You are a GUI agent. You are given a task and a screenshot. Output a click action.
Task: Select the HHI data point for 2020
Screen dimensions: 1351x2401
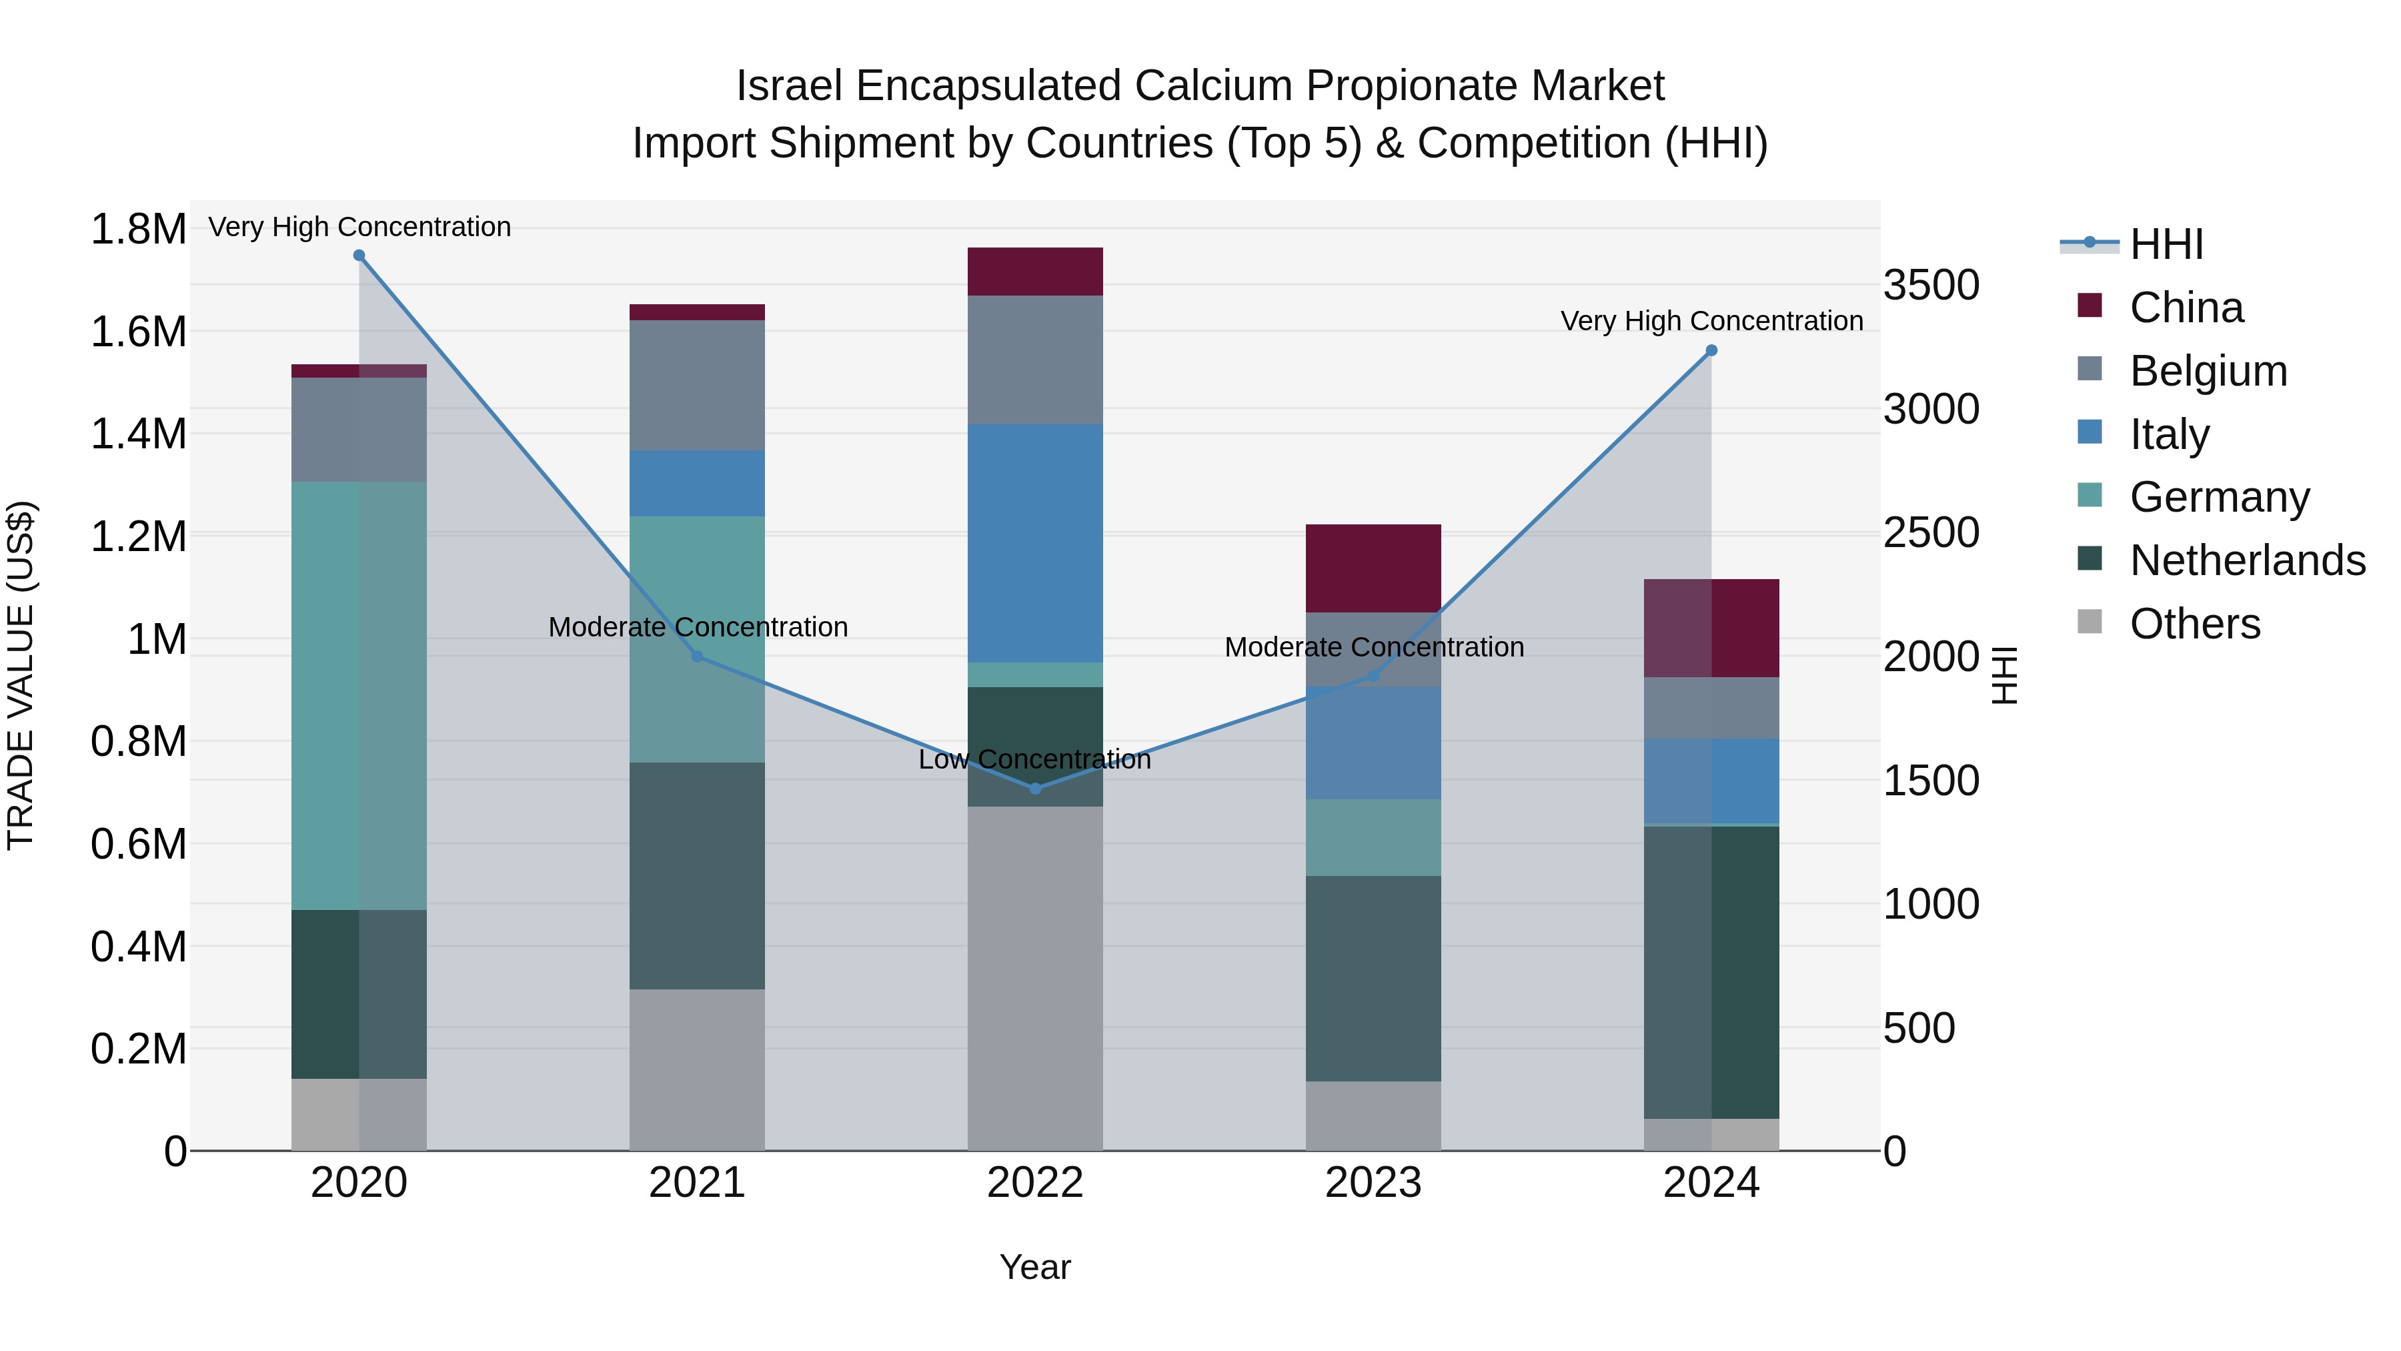[x=359, y=256]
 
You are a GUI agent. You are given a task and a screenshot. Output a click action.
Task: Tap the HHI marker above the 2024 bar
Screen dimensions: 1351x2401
[x=1711, y=350]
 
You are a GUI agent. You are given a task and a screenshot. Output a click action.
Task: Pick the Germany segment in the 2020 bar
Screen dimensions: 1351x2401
[x=359, y=696]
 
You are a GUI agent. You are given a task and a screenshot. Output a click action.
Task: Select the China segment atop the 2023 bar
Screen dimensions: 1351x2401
[x=1373, y=568]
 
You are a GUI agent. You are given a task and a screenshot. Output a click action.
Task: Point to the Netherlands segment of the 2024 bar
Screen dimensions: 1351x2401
[x=1711, y=973]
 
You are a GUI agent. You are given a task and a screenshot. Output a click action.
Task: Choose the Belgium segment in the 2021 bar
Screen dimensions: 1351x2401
[x=697, y=385]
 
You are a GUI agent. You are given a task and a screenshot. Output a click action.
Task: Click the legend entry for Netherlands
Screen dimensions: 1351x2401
[x=2246, y=560]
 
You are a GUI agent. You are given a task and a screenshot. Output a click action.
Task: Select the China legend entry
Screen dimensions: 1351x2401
[x=2186, y=308]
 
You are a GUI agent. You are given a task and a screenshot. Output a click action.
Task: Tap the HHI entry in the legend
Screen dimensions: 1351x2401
[x=2165, y=244]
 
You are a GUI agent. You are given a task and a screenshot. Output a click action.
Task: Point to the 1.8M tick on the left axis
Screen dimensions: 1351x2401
[x=138, y=230]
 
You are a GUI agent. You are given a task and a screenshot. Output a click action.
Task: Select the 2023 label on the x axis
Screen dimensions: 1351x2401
[x=1373, y=1183]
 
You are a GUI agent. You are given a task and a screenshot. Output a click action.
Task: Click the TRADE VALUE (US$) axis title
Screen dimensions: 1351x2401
[x=21, y=675]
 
